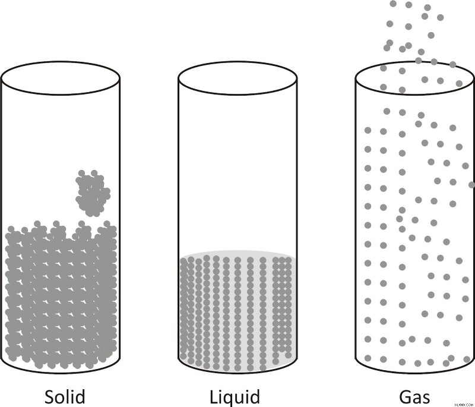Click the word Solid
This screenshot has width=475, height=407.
click(65, 396)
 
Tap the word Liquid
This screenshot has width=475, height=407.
click(235, 397)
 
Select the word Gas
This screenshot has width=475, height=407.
click(414, 397)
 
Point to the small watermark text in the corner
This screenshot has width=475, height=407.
click(464, 405)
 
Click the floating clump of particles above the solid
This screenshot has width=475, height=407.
click(93, 193)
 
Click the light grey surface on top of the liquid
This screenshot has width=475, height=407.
click(238, 254)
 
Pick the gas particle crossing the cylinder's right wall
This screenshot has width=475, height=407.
click(472, 185)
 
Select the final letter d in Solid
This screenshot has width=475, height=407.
click(80, 396)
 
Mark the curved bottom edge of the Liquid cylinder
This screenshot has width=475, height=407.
click(238, 373)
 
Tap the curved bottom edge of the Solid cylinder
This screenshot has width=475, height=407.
click(61, 373)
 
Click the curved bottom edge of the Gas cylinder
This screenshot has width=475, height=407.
click(414, 373)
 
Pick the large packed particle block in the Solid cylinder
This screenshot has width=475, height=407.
click(61, 295)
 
